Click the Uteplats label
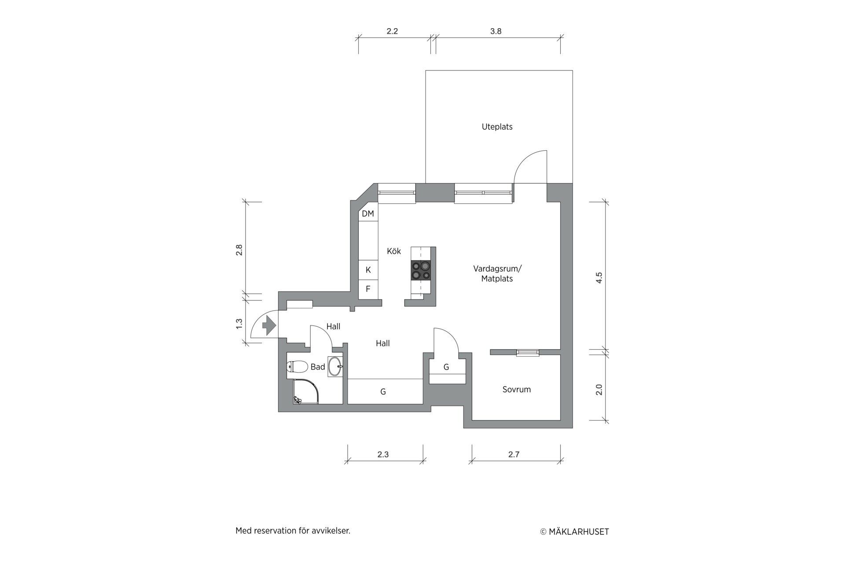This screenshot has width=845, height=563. point(497,127)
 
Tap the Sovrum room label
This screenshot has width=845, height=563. point(517,389)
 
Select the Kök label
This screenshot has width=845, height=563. point(394,251)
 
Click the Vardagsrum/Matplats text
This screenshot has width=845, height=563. point(497,273)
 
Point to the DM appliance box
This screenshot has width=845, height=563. point(368,214)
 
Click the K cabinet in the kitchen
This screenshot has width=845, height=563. point(368,270)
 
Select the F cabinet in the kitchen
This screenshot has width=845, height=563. point(368,289)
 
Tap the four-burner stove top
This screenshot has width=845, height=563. point(420,271)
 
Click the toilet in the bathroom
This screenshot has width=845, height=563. point(298,366)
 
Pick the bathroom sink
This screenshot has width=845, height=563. point(335,367)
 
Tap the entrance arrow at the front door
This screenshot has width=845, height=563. point(269,325)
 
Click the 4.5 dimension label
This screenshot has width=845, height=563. point(599,278)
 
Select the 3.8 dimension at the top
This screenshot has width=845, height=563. point(496,31)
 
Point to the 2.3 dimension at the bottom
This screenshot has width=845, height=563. point(383,454)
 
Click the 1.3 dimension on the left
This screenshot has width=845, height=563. point(239,324)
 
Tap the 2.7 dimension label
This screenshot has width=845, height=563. point(514,454)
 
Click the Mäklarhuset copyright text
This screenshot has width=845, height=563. point(575,532)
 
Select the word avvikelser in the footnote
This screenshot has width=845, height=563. point(331,531)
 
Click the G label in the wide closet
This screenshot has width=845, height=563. point(383,391)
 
